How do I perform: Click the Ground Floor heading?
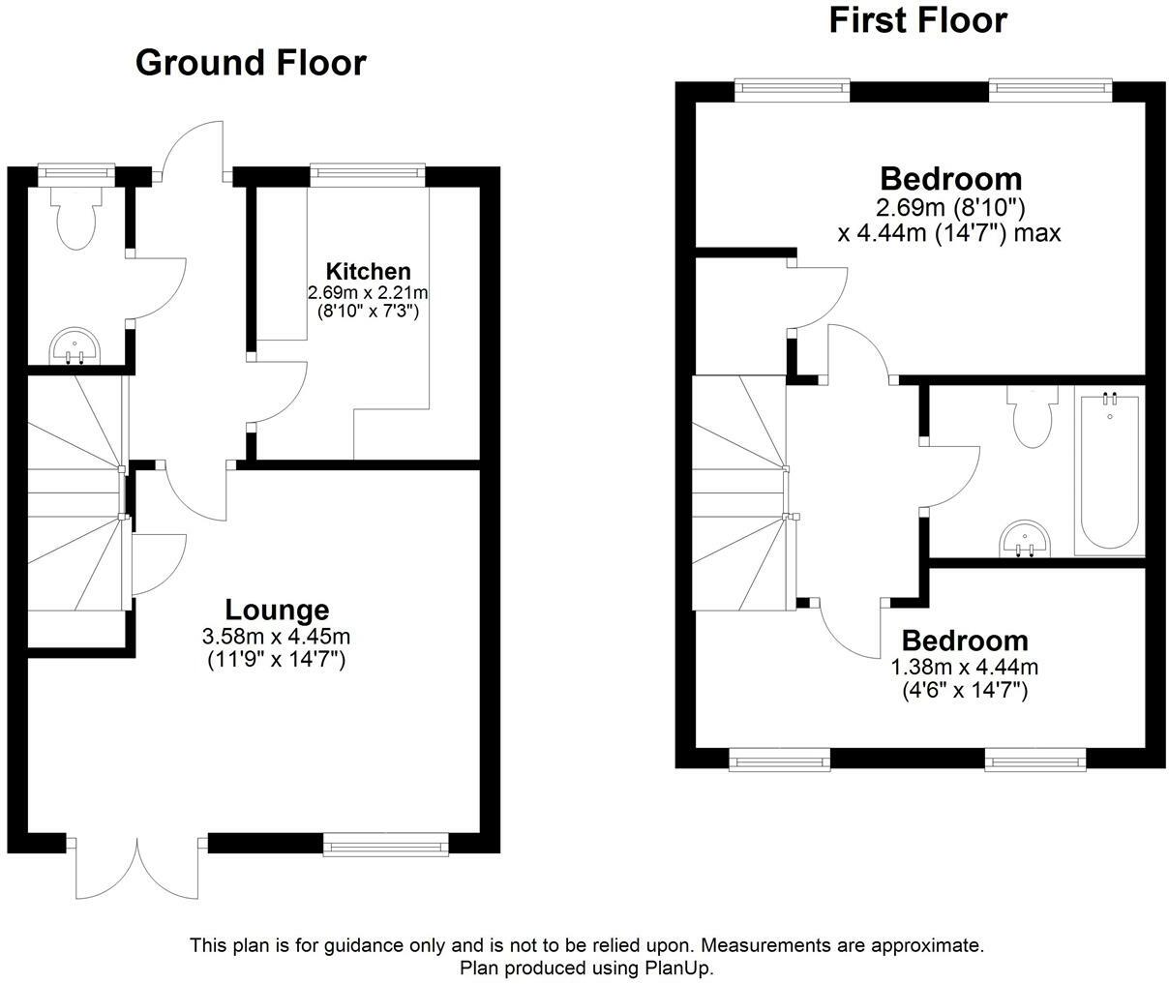pyautogui.click(x=251, y=63)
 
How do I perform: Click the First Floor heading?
pyautogui.click(x=917, y=20)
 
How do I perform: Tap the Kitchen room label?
pyautogui.click(x=368, y=272)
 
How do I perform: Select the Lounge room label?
pyautogui.click(x=277, y=611)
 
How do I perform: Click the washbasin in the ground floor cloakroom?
pyautogui.click(x=75, y=345)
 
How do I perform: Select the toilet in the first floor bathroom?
pyautogui.click(x=1032, y=417)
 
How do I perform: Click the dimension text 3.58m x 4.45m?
pyautogui.click(x=277, y=638)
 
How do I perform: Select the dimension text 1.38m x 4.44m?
pyautogui.click(x=964, y=667)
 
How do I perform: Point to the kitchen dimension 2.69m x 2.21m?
pyautogui.click(x=368, y=292)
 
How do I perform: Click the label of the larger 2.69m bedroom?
pyautogui.click(x=950, y=179)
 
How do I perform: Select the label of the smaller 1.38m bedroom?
pyautogui.click(x=964, y=641)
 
